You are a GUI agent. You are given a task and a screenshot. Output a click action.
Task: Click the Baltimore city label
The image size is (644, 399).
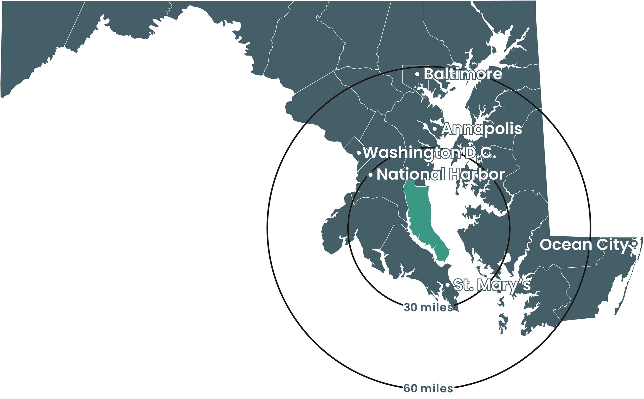[x=463, y=74]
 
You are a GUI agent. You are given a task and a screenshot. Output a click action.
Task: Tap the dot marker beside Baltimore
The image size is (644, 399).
[x=417, y=74]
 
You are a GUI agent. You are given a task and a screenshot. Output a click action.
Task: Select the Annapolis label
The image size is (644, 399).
[x=482, y=129]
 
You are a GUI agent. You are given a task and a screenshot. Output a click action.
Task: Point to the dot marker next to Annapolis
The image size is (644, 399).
[x=434, y=129]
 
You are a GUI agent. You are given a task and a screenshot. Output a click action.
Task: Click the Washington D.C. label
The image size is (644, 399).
[x=429, y=153]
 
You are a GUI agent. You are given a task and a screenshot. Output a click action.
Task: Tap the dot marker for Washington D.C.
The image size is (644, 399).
[x=359, y=153]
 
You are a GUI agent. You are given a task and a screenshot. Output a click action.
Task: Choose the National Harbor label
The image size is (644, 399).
[x=440, y=174]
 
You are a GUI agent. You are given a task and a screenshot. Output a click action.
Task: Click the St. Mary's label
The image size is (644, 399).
[x=492, y=285]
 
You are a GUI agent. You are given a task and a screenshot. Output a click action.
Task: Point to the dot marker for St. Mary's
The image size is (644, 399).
[x=448, y=285]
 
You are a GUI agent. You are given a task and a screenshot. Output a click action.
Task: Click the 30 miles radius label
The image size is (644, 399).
[x=428, y=307]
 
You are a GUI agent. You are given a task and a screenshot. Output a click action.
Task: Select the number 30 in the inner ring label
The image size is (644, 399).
[x=410, y=307]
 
